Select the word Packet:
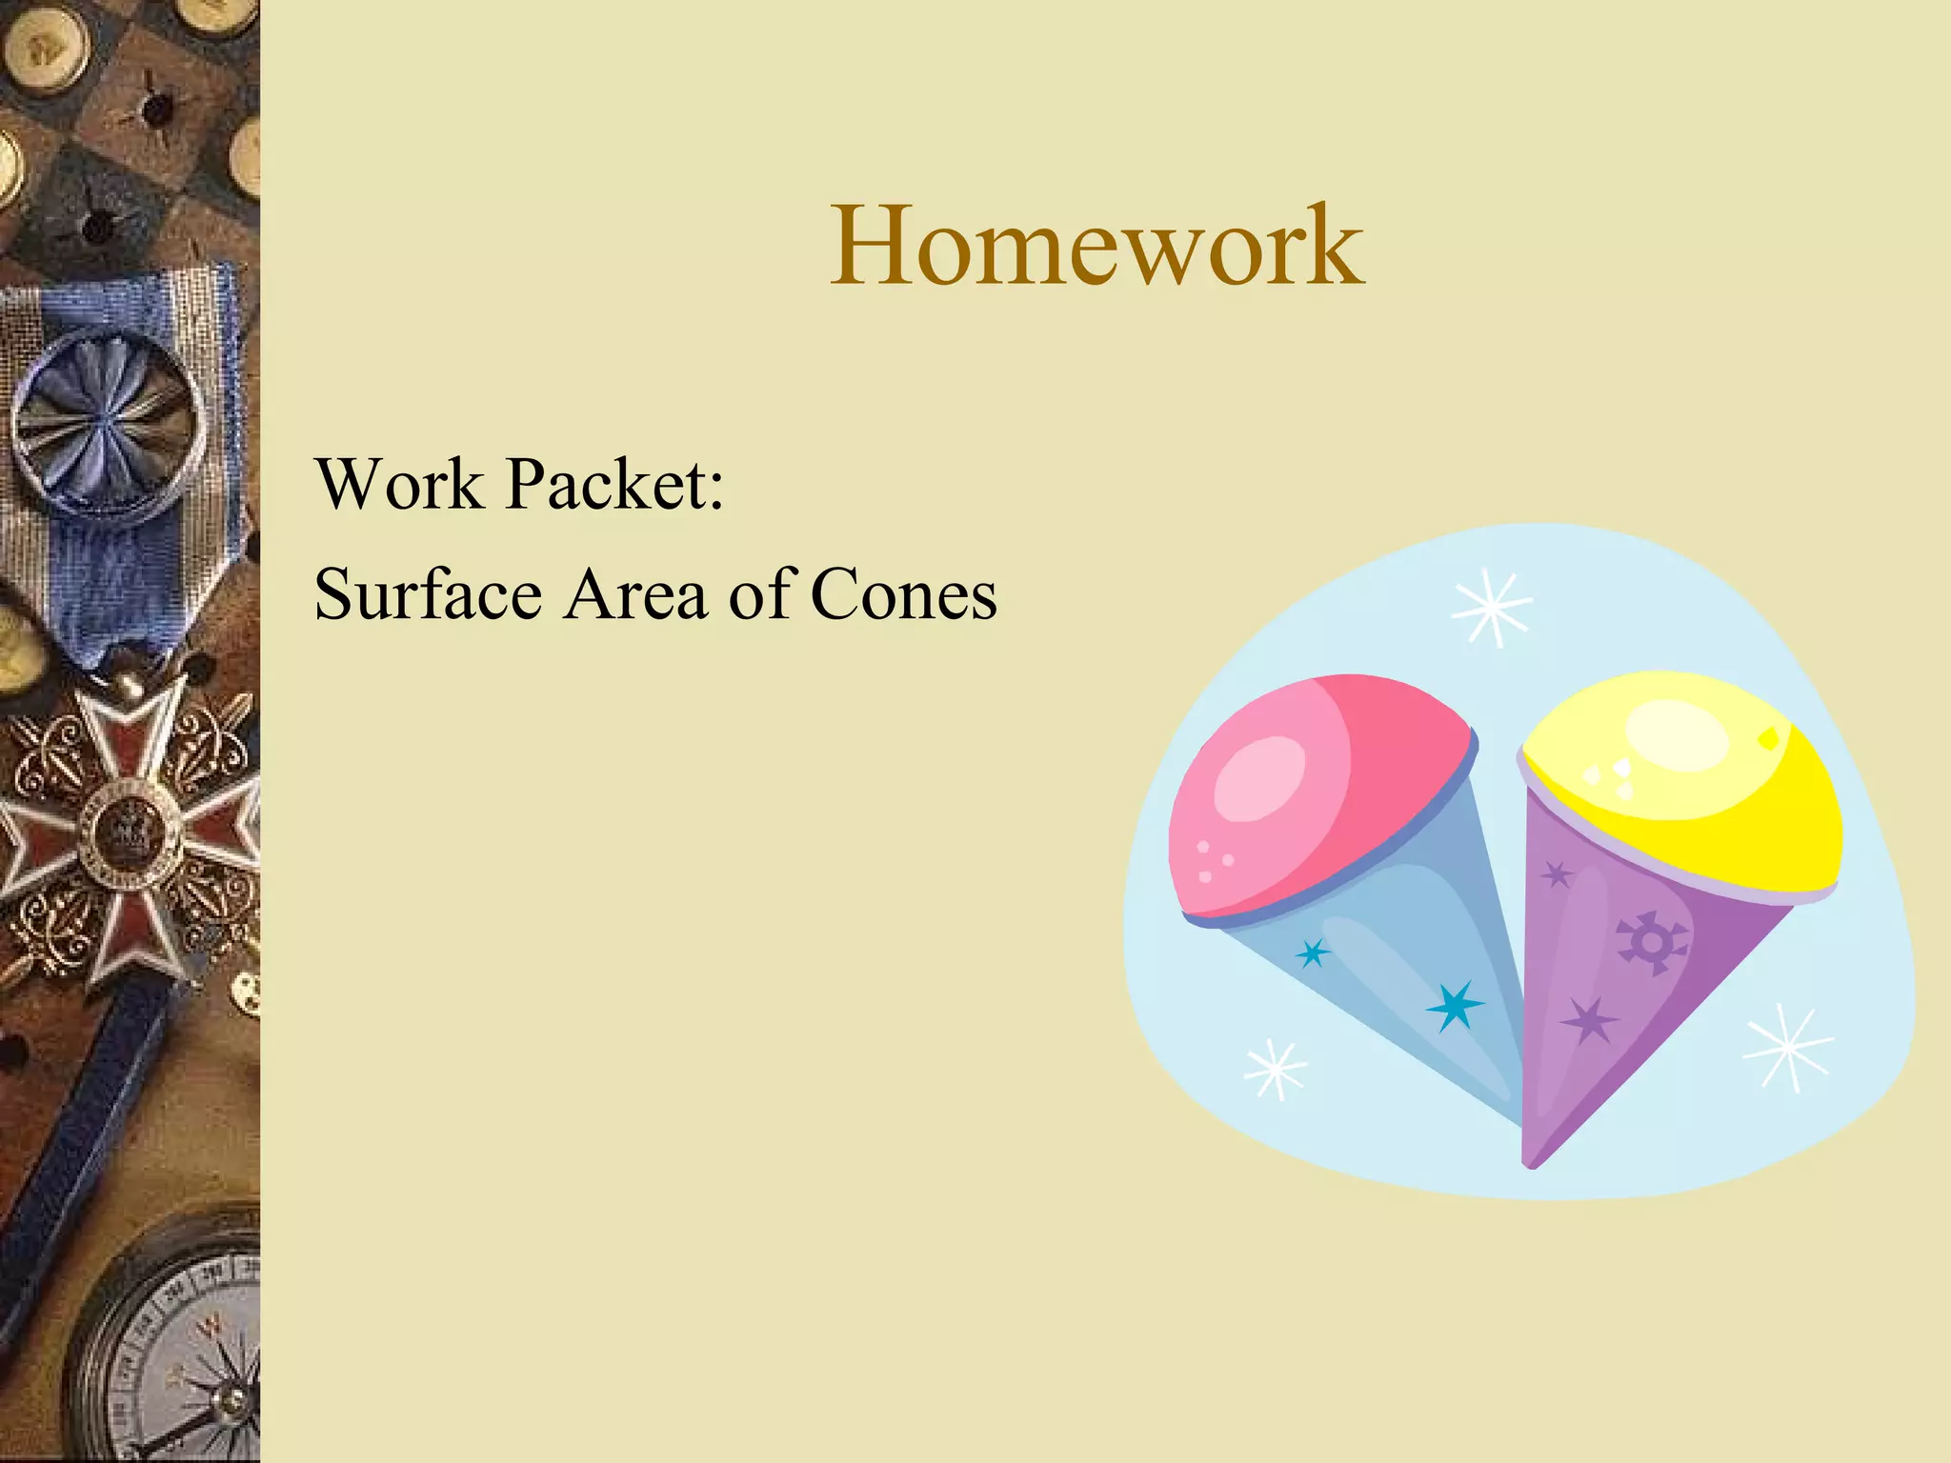(615, 484)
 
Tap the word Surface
(429, 594)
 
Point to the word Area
(635, 594)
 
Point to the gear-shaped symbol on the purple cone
(1651, 943)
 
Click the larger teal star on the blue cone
(1455, 1005)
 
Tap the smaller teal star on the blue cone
(1314, 952)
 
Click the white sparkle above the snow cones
(1492, 608)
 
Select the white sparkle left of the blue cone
(1276, 1070)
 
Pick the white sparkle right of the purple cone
(1788, 1047)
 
